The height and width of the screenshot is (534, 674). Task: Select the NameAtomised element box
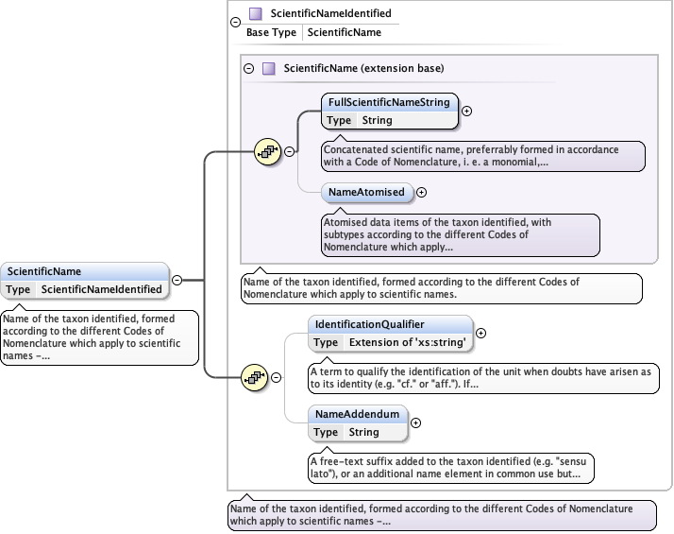pos(367,192)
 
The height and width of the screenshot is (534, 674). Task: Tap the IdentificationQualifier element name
pos(369,324)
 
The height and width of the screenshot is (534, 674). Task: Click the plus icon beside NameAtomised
pos(422,192)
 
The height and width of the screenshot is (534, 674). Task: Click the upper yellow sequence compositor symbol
pos(268,151)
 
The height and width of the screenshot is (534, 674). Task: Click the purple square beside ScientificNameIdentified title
pos(255,14)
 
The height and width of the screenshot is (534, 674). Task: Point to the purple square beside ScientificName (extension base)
pos(269,68)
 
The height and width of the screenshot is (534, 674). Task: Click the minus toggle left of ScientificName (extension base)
pos(249,68)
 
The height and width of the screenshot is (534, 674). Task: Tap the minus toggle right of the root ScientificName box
pos(177,280)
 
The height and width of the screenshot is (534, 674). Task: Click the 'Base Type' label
pos(271,32)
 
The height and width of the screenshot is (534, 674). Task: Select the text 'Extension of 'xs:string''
pos(408,342)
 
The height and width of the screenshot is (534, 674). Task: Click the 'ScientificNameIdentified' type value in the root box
pos(102,289)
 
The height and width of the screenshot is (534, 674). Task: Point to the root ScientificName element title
pos(44,271)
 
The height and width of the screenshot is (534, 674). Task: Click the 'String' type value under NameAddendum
pos(363,432)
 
